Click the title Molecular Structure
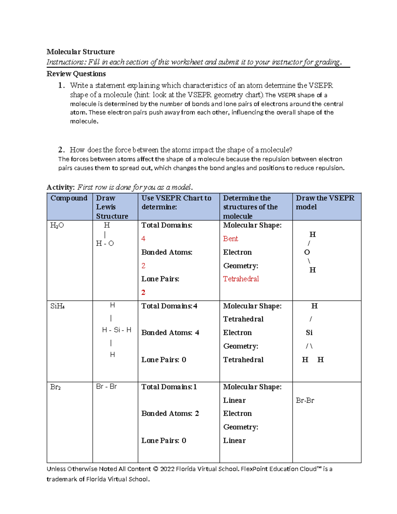pos(80,52)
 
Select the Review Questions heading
pos(76,74)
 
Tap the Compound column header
pos(69,198)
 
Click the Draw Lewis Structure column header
pos(112,207)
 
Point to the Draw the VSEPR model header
pos(325,202)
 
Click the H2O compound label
pos(57,226)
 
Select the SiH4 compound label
pos(57,306)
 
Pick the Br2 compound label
pos(55,387)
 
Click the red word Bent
pos(230,239)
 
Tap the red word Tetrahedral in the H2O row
pos(241,279)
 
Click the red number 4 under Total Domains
pos(143,239)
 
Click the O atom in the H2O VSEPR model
pos(307,252)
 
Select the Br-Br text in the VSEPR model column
pos(305,400)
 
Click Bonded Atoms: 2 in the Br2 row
pos(170,413)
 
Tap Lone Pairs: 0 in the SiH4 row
pos(164,360)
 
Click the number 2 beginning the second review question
pos(61,150)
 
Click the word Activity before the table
pos(60,187)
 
